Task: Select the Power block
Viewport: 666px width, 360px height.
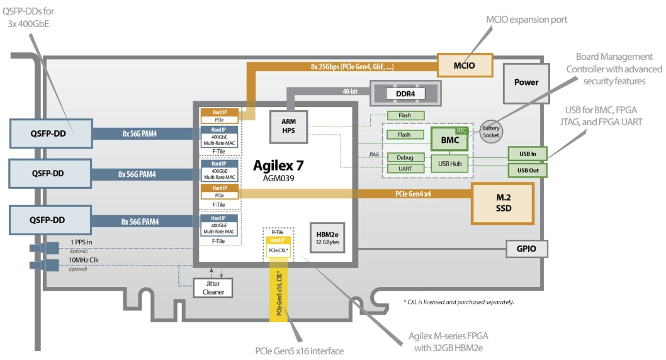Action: point(526,82)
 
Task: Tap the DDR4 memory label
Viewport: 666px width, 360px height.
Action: point(405,93)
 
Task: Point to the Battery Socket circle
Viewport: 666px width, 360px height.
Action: point(492,132)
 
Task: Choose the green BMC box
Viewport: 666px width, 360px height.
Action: point(450,140)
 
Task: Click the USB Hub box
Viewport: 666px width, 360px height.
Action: point(449,163)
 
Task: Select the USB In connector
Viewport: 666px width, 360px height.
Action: point(527,153)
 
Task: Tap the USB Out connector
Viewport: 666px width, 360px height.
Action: point(527,170)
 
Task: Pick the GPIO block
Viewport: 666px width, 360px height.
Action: point(527,249)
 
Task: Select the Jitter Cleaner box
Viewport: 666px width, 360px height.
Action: point(213,288)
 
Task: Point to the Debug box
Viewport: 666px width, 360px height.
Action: point(404,157)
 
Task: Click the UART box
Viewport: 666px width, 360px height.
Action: point(404,169)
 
